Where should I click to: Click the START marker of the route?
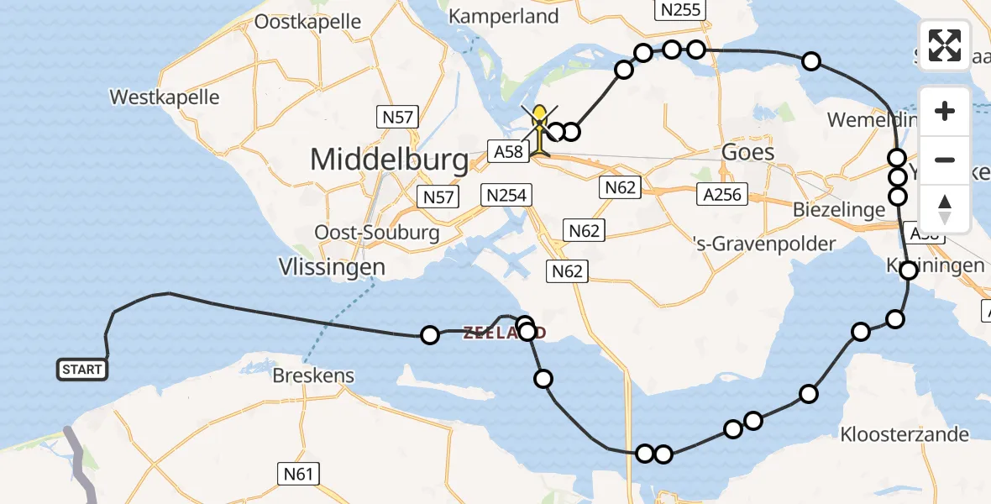[82, 370]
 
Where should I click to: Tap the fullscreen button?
[945, 45]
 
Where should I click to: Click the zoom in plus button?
[945, 111]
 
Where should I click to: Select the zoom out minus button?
[945, 160]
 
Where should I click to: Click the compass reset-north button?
[945, 208]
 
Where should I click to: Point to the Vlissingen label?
[332, 267]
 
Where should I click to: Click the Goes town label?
[747, 151]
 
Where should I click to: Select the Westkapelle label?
[165, 97]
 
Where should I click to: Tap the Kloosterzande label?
[904, 434]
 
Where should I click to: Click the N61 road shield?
[298, 475]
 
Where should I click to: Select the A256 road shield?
[720, 195]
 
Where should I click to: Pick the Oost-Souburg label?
[376, 233]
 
